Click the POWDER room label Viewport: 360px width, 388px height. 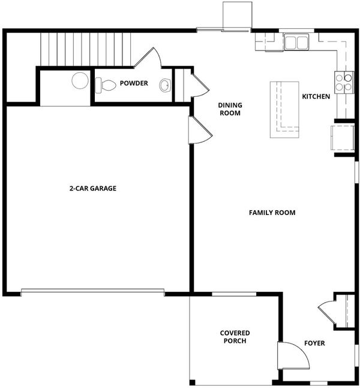tap(134, 83)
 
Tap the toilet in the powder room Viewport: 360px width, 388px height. tap(106, 85)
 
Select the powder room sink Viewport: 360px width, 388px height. tap(165, 85)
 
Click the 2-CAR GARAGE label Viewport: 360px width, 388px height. tap(93, 189)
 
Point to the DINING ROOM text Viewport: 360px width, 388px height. tap(230, 109)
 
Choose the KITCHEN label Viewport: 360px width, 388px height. tap(316, 96)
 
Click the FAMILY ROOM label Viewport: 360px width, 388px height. tap(272, 213)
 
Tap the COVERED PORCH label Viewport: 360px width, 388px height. tap(235, 337)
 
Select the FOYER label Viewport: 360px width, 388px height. tap(314, 343)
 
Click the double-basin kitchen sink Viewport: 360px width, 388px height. tap(296, 42)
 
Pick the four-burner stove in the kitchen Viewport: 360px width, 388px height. tap(344, 82)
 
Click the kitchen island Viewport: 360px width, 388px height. tap(284, 110)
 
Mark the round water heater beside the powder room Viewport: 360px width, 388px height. tap(80, 80)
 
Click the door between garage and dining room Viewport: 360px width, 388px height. tap(200, 130)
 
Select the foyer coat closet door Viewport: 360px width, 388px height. tap(327, 312)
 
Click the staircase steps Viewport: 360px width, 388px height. tap(86, 49)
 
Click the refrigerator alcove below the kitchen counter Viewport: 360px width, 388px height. tap(343, 138)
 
